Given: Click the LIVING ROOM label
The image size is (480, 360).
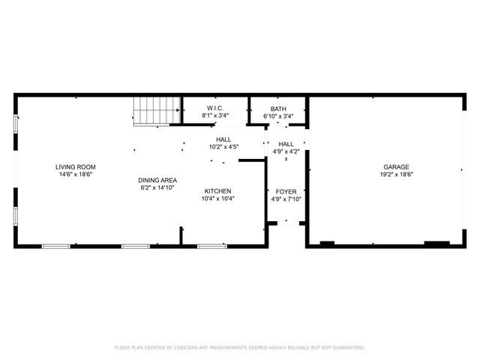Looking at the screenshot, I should (x=75, y=166).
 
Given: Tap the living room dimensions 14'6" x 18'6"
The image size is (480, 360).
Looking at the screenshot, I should (x=75, y=174).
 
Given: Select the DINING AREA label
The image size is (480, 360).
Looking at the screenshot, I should (x=157, y=180).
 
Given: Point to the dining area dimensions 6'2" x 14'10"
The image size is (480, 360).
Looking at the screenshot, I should (x=157, y=187).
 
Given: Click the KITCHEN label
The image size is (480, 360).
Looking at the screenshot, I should (x=217, y=191).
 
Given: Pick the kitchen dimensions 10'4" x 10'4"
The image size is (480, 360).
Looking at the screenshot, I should (x=217, y=199).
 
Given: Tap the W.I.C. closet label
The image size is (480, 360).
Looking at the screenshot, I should (x=214, y=109).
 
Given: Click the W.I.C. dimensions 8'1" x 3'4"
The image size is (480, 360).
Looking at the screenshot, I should (x=214, y=116).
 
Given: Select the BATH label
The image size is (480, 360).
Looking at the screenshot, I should (x=278, y=109).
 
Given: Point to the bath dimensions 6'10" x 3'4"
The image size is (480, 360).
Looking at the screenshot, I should (x=278, y=116).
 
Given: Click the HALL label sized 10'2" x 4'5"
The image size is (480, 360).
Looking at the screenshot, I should (x=223, y=139).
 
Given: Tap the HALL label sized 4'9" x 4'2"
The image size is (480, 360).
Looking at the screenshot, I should (x=286, y=144).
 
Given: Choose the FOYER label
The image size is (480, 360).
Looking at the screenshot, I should (x=286, y=191).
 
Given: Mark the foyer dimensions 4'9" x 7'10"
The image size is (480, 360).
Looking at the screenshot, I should (x=286, y=199).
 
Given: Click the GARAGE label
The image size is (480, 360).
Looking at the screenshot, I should (x=396, y=166).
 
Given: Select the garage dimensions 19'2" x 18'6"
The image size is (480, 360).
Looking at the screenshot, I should (x=396, y=174).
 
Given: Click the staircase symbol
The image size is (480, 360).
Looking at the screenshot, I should (x=157, y=111).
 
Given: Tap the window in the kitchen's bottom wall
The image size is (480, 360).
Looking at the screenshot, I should (x=211, y=246).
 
